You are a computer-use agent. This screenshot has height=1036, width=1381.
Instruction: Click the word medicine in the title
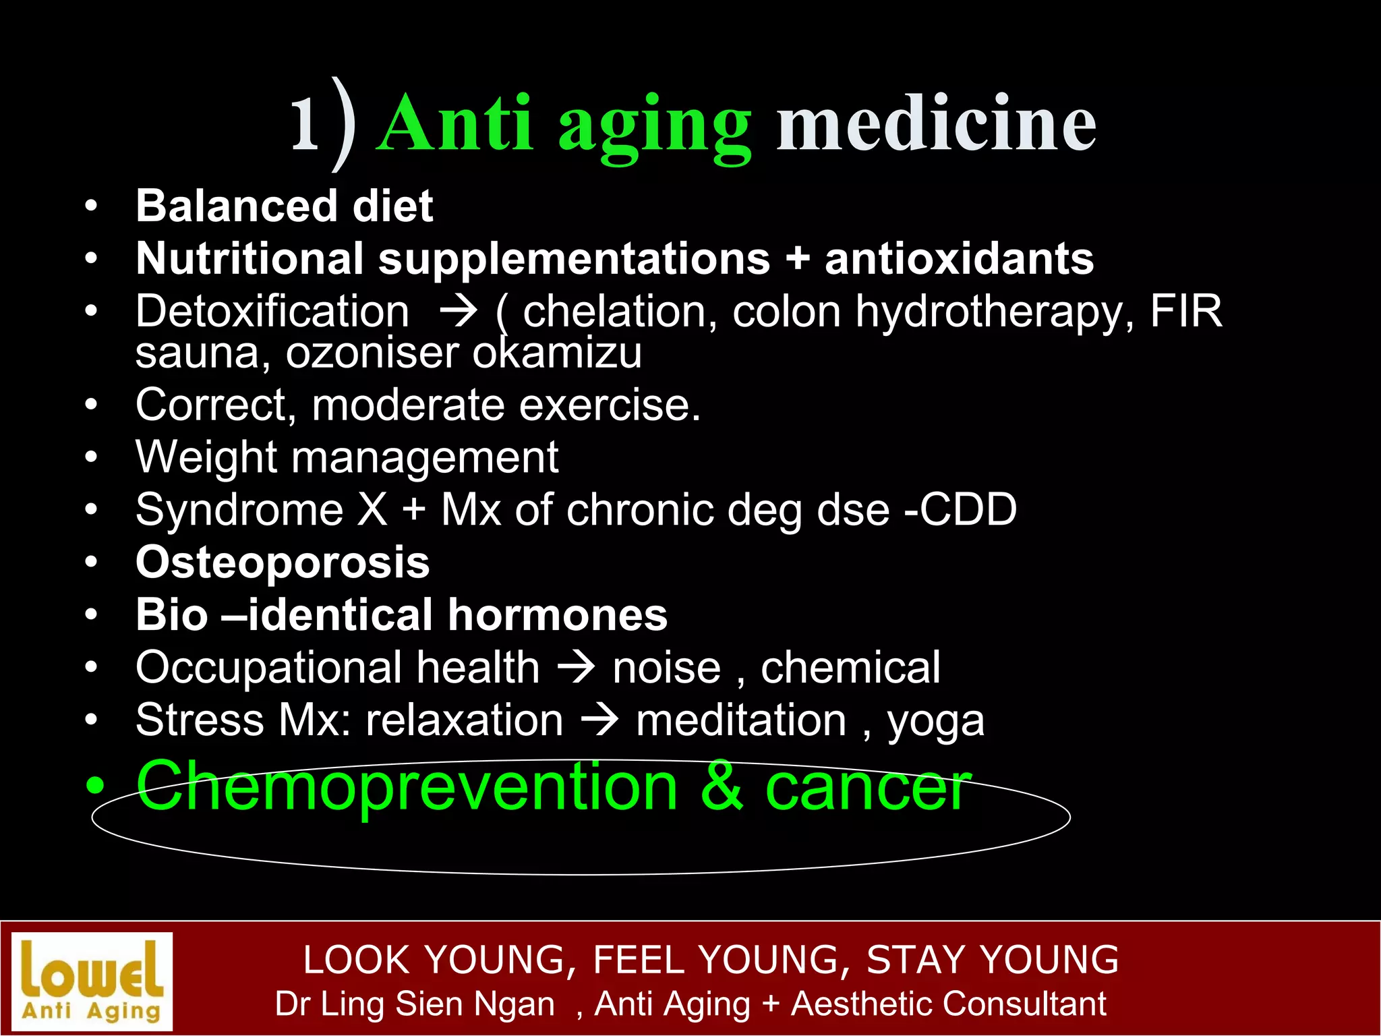(936, 123)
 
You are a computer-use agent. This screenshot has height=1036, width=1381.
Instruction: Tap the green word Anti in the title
(458, 123)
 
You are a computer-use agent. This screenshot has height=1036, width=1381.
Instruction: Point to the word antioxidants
(959, 259)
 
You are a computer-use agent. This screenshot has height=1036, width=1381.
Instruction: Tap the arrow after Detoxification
(458, 312)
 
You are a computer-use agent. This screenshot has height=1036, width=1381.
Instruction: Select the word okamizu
(557, 353)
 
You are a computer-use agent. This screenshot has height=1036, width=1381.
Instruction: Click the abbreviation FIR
(1186, 312)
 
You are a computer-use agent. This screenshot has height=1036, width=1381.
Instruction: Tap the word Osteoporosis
(283, 562)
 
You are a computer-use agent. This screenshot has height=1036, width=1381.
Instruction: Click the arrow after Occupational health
(577, 668)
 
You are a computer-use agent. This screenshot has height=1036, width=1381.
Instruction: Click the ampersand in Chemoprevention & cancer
(722, 786)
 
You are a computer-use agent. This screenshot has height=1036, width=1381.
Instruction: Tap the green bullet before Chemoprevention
(96, 786)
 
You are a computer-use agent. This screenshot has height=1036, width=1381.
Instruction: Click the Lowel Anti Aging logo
(92, 981)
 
